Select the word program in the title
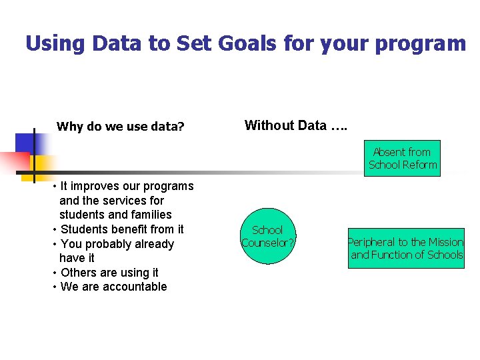coord(420,44)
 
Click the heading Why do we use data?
coord(121,127)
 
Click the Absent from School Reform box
coord(403,158)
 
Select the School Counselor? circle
coord(267,237)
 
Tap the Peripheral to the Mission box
coord(406,249)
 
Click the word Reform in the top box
coord(420,165)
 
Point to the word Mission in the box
coord(445,242)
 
